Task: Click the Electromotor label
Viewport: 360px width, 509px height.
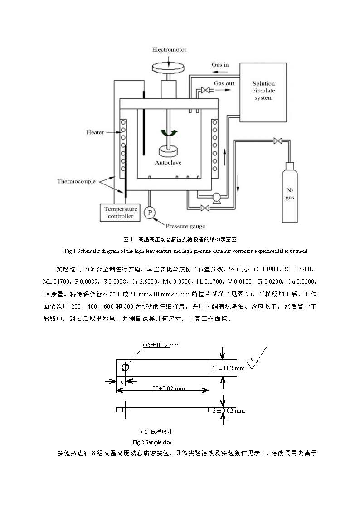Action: tap(169, 49)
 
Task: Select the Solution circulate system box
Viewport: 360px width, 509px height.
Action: tap(263, 90)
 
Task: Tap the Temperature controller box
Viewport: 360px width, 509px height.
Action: tap(121, 213)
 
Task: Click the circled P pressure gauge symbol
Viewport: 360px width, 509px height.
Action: tap(149, 213)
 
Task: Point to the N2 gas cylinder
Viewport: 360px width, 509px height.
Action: tap(289, 194)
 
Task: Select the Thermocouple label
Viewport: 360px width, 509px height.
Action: tap(76, 181)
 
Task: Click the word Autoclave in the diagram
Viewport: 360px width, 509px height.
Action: tap(169, 162)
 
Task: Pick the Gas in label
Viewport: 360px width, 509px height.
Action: tap(220, 65)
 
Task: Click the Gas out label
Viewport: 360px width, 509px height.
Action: tap(224, 83)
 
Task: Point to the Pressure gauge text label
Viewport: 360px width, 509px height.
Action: tap(185, 226)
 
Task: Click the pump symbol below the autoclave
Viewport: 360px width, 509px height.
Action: tap(216, 197)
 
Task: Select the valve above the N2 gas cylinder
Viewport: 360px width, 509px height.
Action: tap(277, 141)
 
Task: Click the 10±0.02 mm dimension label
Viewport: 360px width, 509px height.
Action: tap(228, 368)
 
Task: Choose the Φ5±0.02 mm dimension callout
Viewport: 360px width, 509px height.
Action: tap(161, 345)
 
